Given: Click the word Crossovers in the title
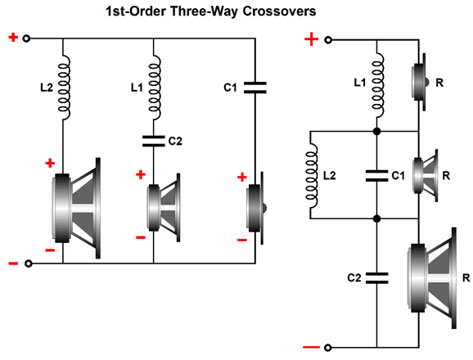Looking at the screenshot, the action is (x=279, y=11).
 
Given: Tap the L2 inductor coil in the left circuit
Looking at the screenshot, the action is (x=65, y=88).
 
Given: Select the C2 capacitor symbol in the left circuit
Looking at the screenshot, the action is (x=154, y=141).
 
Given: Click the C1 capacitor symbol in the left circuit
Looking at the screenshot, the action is (x=255, y=88).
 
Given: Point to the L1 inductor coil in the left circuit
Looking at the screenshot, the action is (x=155, y=88).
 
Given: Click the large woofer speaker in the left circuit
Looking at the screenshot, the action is (x=76, y=208).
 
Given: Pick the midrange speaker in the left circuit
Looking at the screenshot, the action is (x=164, y=208).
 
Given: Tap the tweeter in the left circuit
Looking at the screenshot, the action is (x=257, y=208).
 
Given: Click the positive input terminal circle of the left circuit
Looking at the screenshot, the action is (x=26, y=38).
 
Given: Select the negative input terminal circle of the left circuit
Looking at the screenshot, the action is (x=28, y=263).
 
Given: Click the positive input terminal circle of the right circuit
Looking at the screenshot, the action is (x=328, y=40).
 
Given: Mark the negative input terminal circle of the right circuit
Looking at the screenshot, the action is (x=328, y=348).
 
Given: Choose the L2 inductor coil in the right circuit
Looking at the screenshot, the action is (x=312, y=175).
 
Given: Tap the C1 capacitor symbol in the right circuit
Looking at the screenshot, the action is (x=376, y=176).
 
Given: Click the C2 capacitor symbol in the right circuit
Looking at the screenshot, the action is (x=376, y=278).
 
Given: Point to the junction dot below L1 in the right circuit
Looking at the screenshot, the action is (x=376, y=132).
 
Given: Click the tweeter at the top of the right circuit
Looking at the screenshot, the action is (x=420, y=82).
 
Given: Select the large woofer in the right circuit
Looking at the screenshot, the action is (x=431, y=278).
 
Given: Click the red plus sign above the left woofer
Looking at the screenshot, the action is (x=50, y=163).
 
